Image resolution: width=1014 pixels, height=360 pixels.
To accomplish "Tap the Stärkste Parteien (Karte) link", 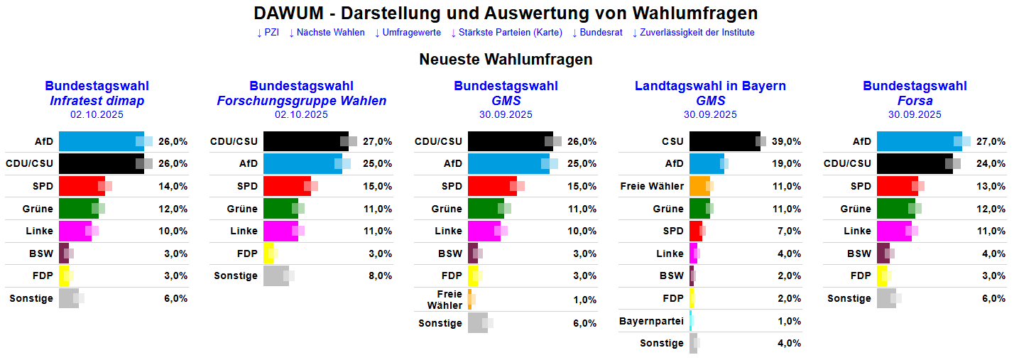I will pyautogui.click(x=506, y=33).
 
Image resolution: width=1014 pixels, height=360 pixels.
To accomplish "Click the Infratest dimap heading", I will pyautogui.click(x=97, y=101).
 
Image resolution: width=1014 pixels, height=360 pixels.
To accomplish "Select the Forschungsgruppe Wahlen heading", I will pyautogui.click(x=301, y=101).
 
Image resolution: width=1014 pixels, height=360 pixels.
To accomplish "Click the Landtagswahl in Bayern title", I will pyautogui.click(x=710, y=86).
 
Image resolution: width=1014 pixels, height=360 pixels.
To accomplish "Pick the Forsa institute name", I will pyautogui.click(x=915, y=101).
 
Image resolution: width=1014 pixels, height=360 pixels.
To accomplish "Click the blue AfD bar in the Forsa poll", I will pyautogui.click(x=919, y=141).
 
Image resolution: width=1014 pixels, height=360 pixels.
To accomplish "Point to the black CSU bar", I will pyautogui.click(x=724, y=141).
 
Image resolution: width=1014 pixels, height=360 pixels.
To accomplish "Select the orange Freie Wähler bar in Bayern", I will pyautogui.click(x=699, y=186).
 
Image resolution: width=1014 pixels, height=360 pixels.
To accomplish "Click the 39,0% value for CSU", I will pyautogui.click(x=787, y=142).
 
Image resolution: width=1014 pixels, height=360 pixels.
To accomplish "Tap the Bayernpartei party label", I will pyautogui.click(x=651, y=321).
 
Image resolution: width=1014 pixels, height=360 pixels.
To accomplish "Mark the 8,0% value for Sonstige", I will pyautogui.click(x=378, y=276).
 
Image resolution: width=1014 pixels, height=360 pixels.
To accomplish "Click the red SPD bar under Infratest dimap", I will pyautogui.click(x=81, y=186).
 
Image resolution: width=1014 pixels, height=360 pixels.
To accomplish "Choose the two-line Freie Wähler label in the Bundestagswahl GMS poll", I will pyautogui.click(x=445, y=300).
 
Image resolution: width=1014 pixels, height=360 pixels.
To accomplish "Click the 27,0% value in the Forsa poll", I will pyautogui.click(x=991, y=142).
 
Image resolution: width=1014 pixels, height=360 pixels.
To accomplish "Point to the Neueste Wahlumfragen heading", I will pyautogui.click(x=506, y=60).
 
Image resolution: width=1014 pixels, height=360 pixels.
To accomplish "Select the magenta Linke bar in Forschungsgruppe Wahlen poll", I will pyautogui.click(x=280, y=231).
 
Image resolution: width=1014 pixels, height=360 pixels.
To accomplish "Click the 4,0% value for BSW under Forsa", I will pyautogui.click(x=991, y=253).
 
